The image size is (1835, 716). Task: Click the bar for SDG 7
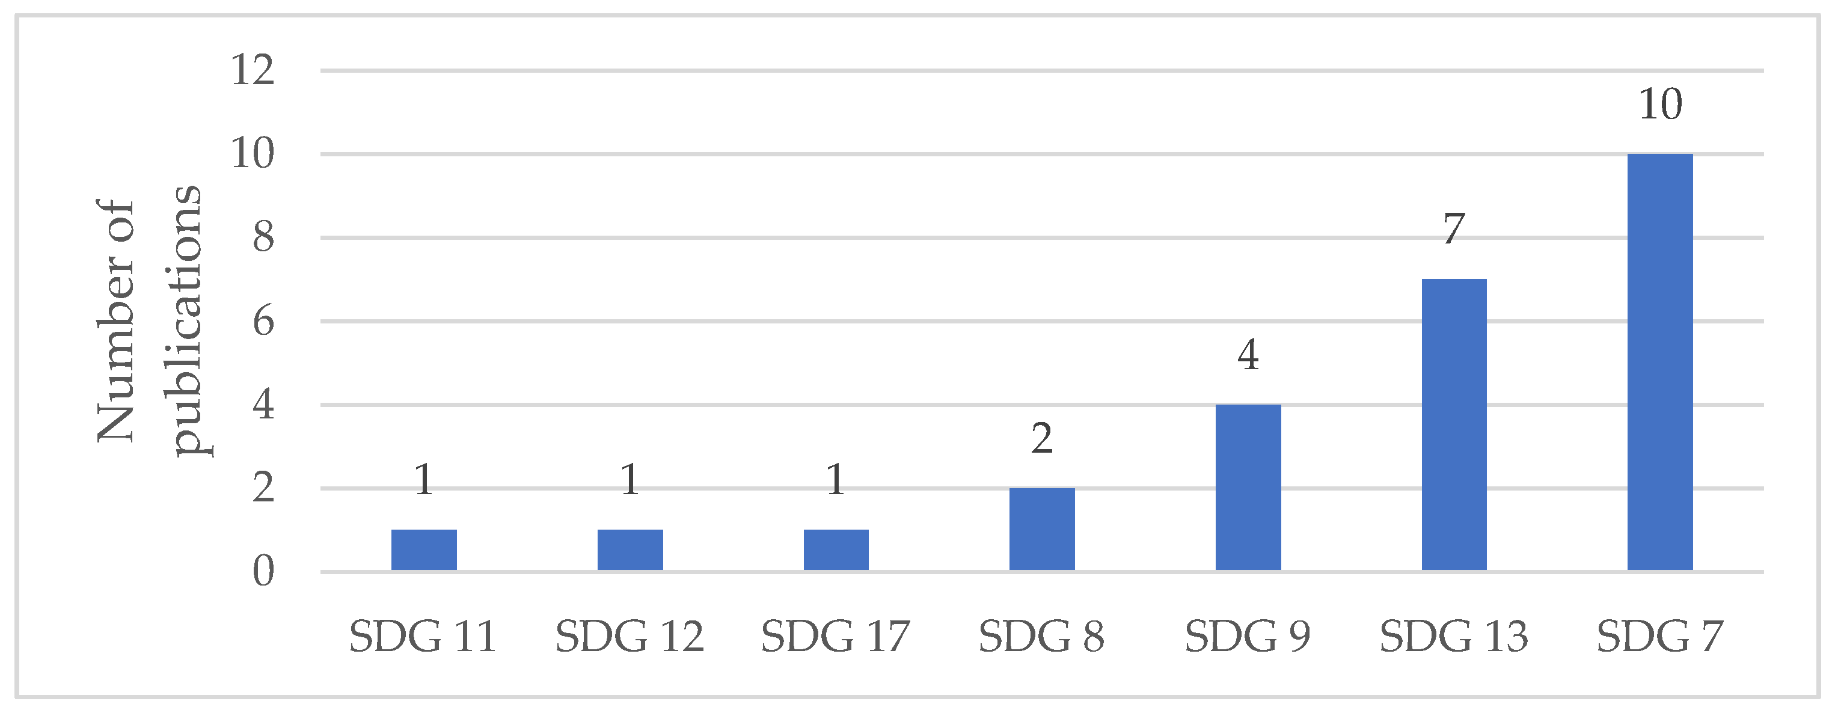coord(1660,362)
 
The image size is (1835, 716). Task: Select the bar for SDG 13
coord(1454,424)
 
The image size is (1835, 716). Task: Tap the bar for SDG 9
coord(1248,488)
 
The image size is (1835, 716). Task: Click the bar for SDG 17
coord(836,549)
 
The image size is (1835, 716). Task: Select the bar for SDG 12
coord(630,549)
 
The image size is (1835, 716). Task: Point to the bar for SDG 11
coord(424,549)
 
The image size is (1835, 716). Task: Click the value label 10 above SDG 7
coord(1660,105)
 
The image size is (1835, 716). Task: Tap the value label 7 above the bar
coord(1454,230)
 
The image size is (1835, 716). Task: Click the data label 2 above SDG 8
coord(1041,438)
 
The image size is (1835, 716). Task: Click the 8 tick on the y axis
coord(263,237)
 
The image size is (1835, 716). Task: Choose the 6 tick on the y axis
coord(263,321)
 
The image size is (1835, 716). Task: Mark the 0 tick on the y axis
coord(263,571)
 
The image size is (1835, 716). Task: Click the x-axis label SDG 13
coord(1454,636)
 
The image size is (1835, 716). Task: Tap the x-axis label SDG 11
coord(424,636)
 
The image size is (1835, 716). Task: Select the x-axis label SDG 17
coord(836,636)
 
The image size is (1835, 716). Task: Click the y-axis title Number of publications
coord(150,320)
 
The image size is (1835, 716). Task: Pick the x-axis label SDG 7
coord(1660,636)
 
